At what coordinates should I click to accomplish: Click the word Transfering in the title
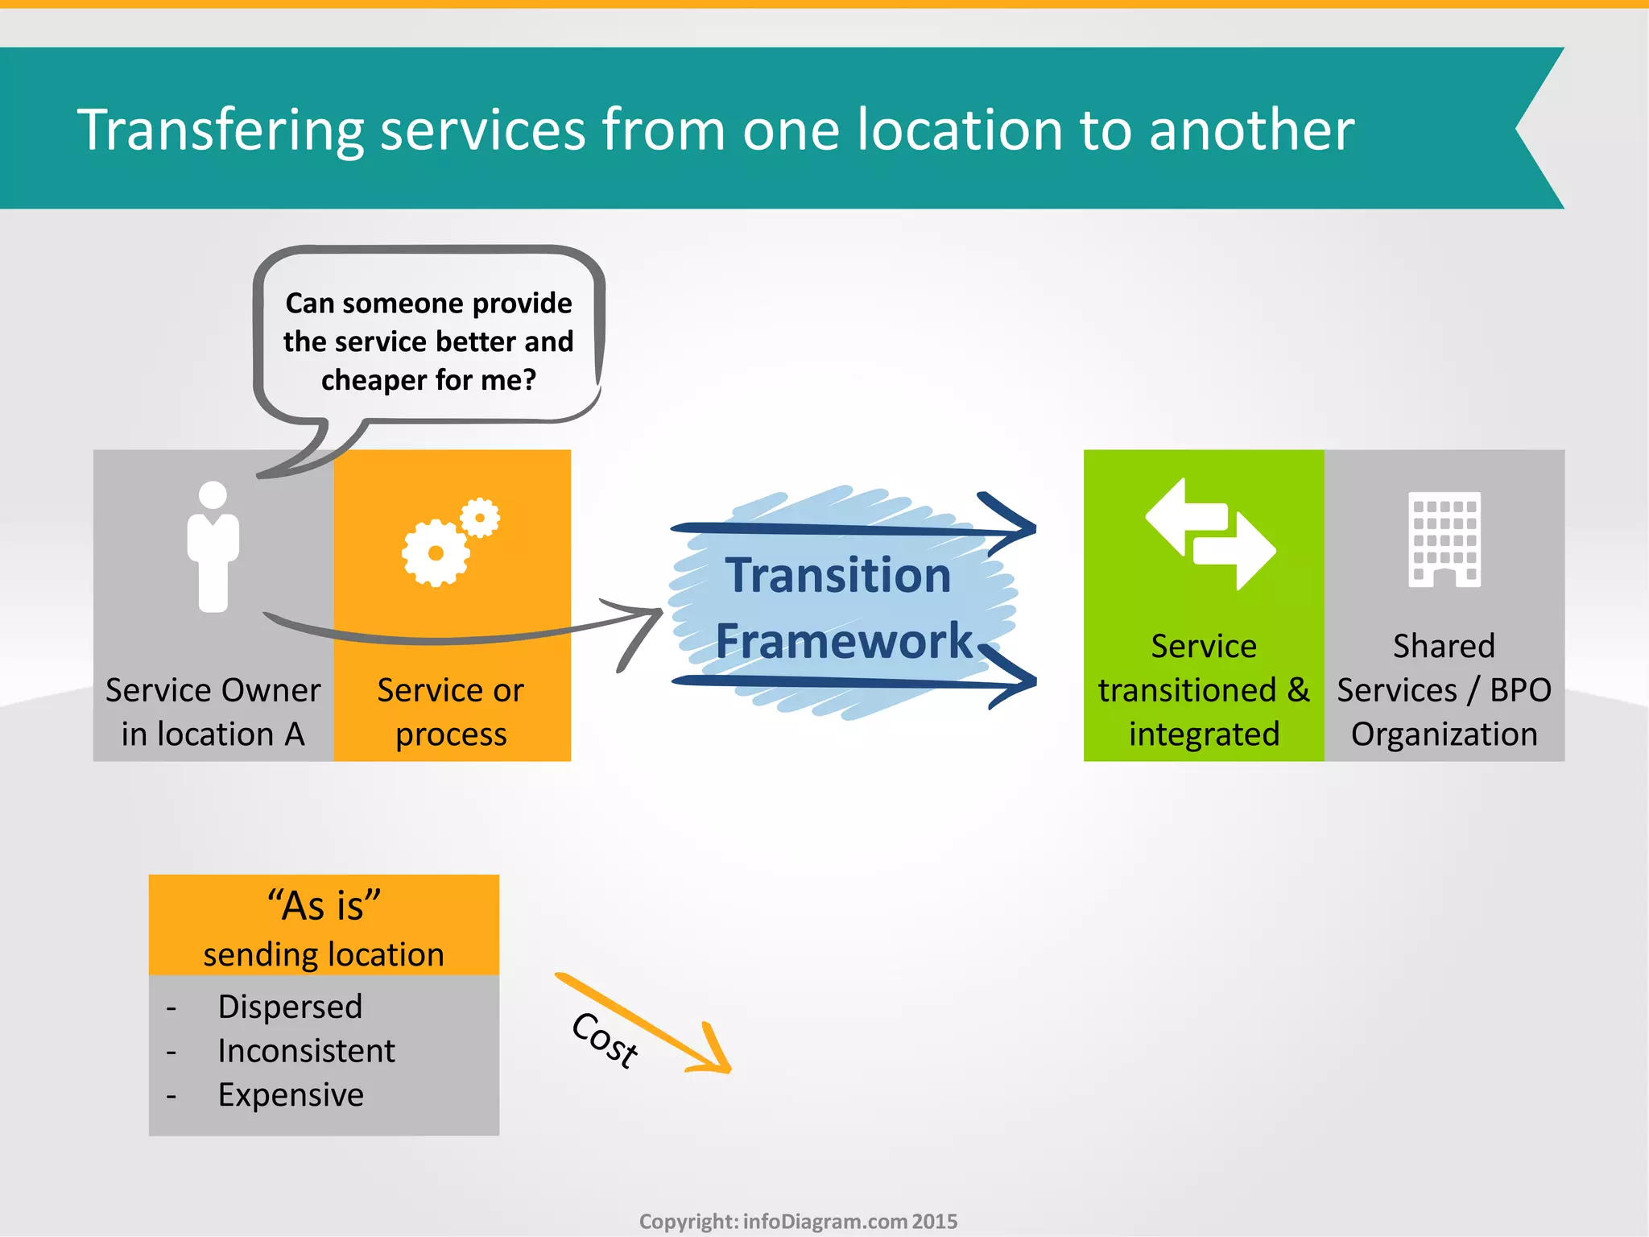point(219,130)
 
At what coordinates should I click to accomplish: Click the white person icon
point(213,547)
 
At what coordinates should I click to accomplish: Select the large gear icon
point(436,552)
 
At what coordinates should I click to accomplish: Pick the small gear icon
point(481,518)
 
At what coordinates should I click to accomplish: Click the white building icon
point(1444,539)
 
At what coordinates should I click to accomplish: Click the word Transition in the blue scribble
point(838,576)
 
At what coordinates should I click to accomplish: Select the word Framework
point(844,642)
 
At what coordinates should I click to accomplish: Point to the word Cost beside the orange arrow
point(605,1040)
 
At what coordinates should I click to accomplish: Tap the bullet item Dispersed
point(290,1007)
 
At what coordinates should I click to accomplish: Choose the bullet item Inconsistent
point(306,1051)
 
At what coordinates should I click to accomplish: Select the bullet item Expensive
point(291,1095)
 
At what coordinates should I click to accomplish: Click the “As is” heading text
point(324,906)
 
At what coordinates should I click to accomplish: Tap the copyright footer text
point(798,1221)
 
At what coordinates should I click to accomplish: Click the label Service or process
point(451,712)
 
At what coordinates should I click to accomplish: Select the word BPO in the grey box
point(1520,690)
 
